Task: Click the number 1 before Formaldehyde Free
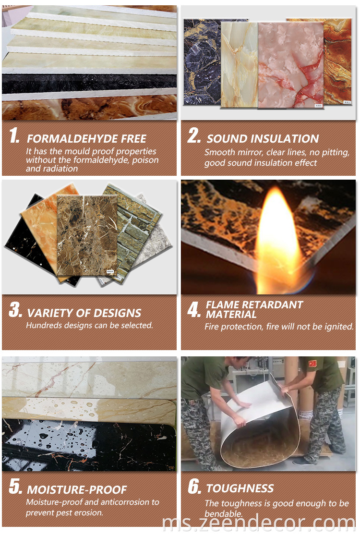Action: click(x=14, y=136)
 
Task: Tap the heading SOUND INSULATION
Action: click(x=263, y=139)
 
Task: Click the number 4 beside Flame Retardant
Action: click(x=193, y=310)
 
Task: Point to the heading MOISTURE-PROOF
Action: click(x=77, y=490)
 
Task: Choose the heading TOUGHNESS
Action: click(x=240, y=488)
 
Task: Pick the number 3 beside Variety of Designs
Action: click(x=15, y=310)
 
